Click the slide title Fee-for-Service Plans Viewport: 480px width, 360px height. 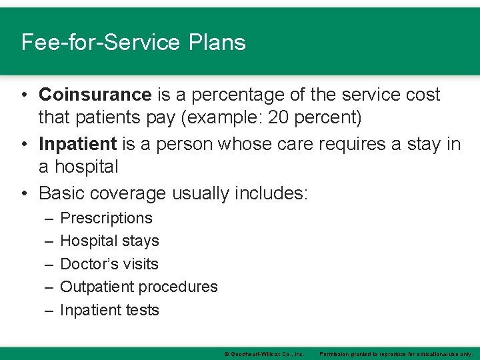coord(133,43)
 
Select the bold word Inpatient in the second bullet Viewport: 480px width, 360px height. coord(78,144)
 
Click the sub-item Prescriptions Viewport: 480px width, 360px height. coord(106,218)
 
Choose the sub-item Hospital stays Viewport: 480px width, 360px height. coord(109,241)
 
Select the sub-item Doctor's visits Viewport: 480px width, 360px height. coord(109,264)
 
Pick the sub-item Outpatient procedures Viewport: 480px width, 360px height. coord(139,287)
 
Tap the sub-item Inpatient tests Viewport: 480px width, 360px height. coord(109,310)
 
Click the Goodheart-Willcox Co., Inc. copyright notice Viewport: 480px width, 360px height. coord(264,353)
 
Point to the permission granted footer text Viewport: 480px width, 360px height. coord(396,353)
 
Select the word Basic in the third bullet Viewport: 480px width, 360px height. coord(61,193)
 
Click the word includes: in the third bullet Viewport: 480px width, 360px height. coord(275,193)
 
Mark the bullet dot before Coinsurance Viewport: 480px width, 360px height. coord(24,95)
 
